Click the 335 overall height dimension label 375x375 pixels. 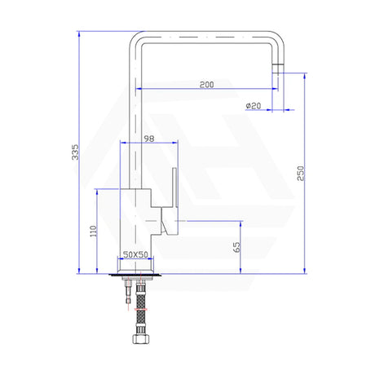(x=75, y=152)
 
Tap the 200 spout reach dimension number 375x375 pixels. (x=207, y=85)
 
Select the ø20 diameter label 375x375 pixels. (x=254, y=105)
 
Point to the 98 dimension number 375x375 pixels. (x=148, y=139)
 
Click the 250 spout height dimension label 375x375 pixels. (x=301, y=173)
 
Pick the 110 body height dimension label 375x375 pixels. (x=93, y=231)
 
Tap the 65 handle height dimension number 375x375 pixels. (x=236, y=247)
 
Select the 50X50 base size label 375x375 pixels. (x=135, y=254)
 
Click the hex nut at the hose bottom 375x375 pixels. (x=141, y=338)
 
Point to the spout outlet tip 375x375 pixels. (x=278, y=68)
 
